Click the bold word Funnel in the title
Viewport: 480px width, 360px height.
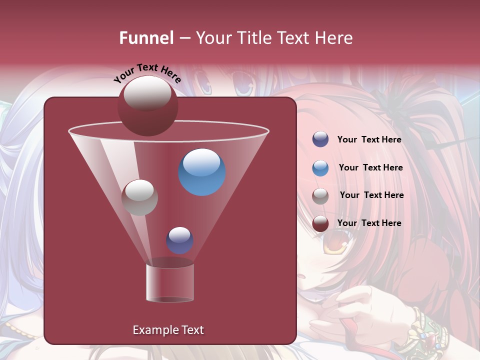tap(146, 38)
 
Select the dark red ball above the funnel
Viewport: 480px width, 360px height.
tap(147, 106)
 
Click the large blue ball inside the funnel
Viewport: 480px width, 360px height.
tap(202, 172)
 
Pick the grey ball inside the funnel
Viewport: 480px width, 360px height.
tap(139, 197)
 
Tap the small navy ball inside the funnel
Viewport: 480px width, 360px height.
tap(179, 240)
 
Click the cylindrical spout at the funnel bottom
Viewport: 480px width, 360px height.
tap(170, 283)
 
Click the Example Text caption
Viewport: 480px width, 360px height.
tap(168, 330)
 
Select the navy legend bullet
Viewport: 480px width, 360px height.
tap(320, 139)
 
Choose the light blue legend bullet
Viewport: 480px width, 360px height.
tap(320, 168)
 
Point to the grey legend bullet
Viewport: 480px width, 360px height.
tap(320, 196)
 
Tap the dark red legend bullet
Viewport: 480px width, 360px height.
tap(320, 223)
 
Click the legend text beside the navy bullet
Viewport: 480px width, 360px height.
tap(369, 140)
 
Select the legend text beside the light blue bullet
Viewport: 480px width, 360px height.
tap(370, 168)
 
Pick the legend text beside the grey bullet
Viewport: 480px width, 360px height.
tap(371, 195)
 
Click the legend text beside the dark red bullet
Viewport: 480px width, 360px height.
tap(369, 223)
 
